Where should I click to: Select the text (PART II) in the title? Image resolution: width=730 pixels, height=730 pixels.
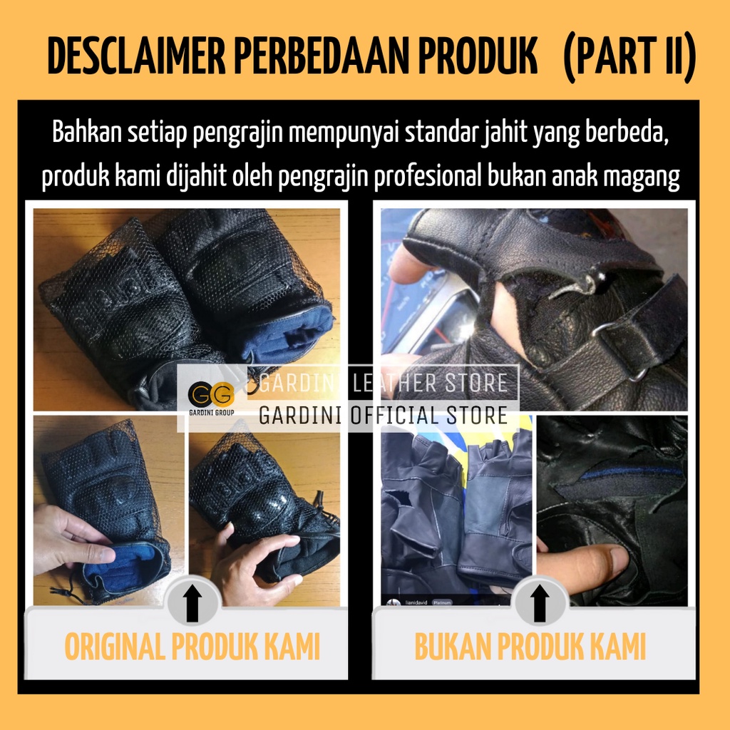(x=629, y=57)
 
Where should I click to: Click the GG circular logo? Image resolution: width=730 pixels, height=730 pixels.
(x=211, y=394)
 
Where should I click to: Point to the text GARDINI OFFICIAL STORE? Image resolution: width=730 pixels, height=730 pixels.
(x=383, y=416)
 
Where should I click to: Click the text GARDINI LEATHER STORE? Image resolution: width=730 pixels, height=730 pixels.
(x=383, y=383)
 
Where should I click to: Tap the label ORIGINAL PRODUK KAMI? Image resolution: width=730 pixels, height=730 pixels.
(x=192, y=646)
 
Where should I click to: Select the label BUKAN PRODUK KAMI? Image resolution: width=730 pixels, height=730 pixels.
(x=530, y=646)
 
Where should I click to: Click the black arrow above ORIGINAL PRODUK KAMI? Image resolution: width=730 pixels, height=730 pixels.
(x=192, y=603)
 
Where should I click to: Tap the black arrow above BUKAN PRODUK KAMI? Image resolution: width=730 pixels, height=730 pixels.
(x=540, y=603)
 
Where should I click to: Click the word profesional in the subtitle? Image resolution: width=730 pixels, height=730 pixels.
(x=428, y=177)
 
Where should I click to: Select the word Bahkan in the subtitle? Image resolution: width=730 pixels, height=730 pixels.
(x=86, y=132)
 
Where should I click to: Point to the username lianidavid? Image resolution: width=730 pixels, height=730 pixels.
(x=416, y=602)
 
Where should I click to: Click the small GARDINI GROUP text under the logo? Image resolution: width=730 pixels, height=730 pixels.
(x=211, y=413)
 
